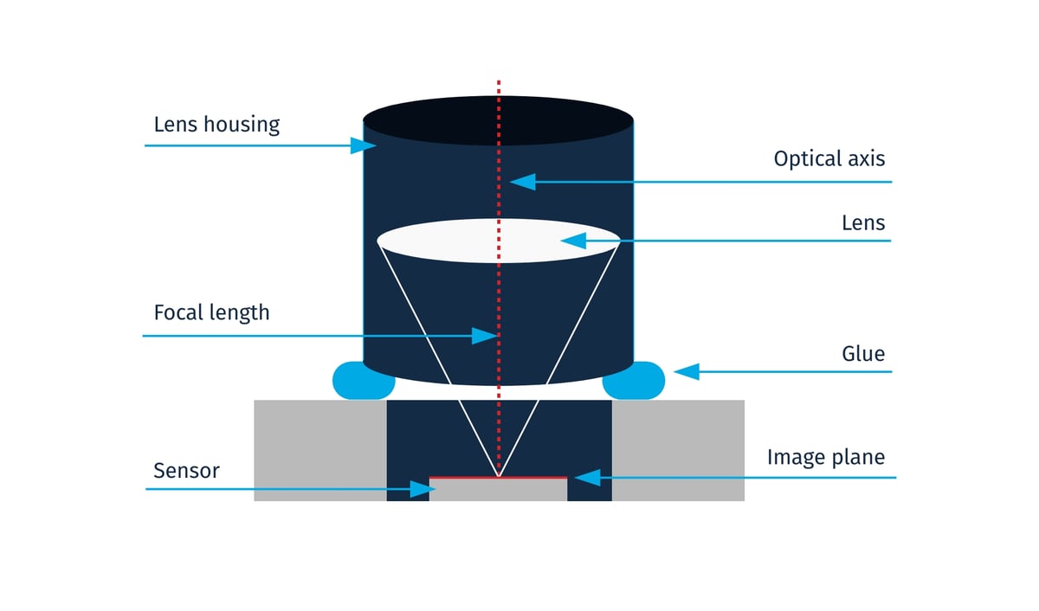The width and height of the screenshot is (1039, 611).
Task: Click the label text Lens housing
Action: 216,125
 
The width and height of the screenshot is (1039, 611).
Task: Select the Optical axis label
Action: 829,159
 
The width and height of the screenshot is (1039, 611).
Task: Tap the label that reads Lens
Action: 863,223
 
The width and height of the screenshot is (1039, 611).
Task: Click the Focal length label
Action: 211,312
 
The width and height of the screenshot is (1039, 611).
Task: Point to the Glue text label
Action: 863,354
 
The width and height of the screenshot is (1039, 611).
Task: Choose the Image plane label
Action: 826,457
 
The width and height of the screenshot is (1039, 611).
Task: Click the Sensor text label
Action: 186,471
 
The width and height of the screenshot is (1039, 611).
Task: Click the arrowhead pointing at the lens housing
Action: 364,145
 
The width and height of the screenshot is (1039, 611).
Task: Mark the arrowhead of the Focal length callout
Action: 485,336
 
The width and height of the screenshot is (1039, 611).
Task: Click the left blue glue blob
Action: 362,382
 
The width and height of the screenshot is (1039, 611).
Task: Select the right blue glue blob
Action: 635,382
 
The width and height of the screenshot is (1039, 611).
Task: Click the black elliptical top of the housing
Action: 499,120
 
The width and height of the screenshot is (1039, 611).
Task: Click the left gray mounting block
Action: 319,450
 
